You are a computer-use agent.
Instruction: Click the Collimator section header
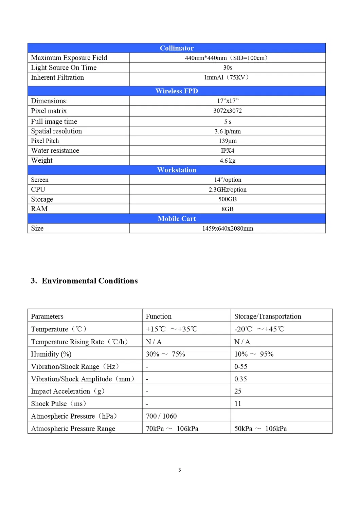tap(177, 48)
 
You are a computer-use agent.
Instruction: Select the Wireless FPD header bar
tap(177, 91)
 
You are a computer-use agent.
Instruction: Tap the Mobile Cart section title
tap(177, 219)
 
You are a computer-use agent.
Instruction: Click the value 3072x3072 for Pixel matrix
tap(228, 111)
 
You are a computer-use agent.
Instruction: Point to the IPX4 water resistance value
tap(228, 151)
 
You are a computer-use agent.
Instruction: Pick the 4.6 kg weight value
tap(228, 161)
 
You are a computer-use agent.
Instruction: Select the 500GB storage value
tap(228, 199)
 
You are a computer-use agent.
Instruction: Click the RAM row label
tap(39, 209)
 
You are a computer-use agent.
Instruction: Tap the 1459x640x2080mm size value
tap(228, 229)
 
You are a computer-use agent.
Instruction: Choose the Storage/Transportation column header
tap(268, 316)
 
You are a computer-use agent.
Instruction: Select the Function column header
tap(159, 316)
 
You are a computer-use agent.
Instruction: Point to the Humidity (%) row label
tap(51, 354)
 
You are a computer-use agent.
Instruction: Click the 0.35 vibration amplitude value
tap(240, 379)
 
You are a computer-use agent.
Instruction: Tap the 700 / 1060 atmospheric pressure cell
tap(161, 416)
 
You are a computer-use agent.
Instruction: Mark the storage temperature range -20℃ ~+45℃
tap(259, 329)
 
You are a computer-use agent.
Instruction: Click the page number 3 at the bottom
tap(180, 470)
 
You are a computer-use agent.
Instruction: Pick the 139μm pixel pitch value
tap(228, 141)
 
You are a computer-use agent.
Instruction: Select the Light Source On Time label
tap(64, 68)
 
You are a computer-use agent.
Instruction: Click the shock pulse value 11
tap(238, 404)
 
